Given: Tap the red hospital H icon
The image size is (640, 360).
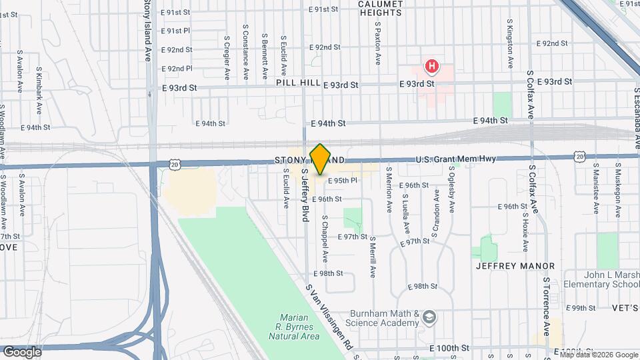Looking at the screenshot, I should tap(433, 66).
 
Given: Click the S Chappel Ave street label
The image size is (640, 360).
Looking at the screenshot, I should tap(325, 237).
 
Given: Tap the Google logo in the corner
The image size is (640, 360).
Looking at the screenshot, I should tap(22, 351).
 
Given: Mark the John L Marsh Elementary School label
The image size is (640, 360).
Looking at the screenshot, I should tap(603, 279).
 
